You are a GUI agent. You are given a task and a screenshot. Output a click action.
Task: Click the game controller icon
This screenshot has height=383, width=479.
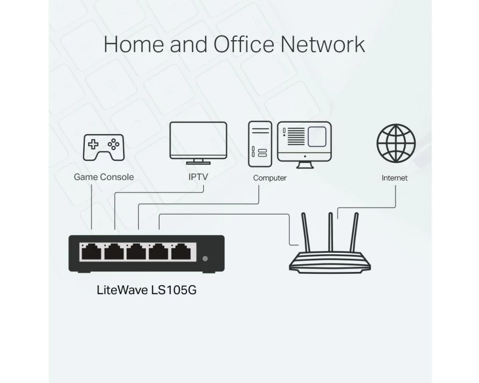tap(103, 147)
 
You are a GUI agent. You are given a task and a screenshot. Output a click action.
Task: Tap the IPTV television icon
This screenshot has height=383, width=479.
tap(198, 143)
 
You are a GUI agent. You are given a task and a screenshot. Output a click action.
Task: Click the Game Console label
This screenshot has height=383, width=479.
tap(103, 177)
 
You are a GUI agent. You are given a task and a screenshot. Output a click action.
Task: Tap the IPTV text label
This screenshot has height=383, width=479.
tap(198, 177)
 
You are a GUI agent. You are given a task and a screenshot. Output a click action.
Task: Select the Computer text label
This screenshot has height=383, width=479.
tap(270, 178)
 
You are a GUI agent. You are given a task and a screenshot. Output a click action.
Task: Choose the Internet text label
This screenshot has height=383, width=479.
tap(395, 178)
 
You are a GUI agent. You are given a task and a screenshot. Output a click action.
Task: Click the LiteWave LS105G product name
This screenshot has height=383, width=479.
tap(147, 290)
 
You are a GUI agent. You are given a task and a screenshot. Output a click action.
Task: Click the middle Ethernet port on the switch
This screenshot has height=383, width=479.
tap(137, 252)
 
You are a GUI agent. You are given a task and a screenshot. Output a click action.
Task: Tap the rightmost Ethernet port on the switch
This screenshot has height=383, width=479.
tap(183, 252)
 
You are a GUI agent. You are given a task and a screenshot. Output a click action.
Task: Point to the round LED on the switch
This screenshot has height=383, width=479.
tap(205, 259)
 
